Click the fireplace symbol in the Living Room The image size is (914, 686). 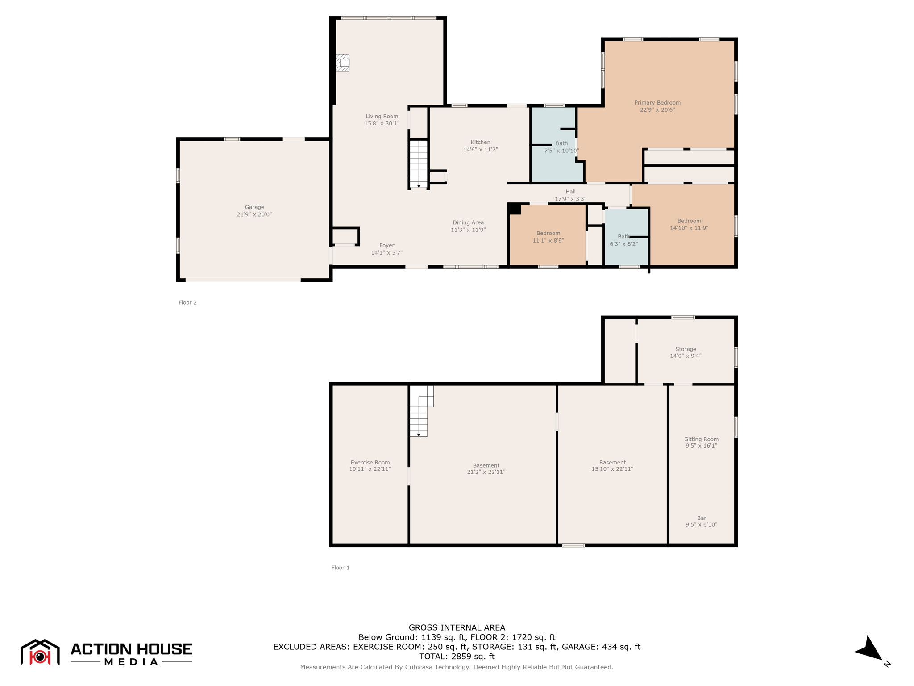click(342, 63)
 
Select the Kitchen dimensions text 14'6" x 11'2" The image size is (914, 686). click(480, 150)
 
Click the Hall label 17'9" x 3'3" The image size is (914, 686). click(570, 195)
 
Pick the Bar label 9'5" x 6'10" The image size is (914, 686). click(702, 521)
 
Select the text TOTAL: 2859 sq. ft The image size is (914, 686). click(457, 657)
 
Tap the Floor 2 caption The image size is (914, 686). click(187, 302)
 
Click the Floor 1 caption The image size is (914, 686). click(341, 568)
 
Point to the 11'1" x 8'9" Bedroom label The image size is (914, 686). click(548, 237)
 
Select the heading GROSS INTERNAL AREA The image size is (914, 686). click(457, 627)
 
